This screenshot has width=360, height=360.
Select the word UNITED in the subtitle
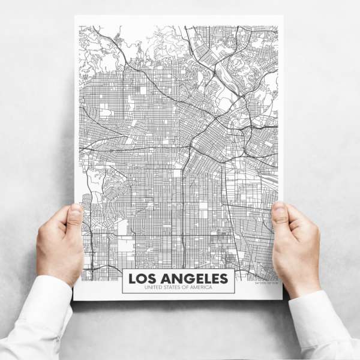(x=146, y=288)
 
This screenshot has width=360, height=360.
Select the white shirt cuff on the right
(x=327, y=321)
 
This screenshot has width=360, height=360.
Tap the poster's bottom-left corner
(x=74, y=298)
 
